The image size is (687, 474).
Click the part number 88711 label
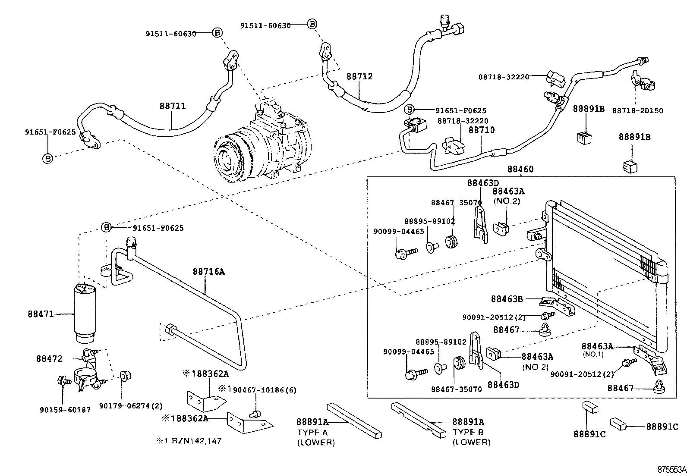172,106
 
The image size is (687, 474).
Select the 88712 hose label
359,76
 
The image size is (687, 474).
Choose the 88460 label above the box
520,169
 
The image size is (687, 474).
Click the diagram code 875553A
671,469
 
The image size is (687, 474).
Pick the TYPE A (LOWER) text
315,437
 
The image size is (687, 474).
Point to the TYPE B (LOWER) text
471,437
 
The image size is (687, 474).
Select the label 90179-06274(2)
131,406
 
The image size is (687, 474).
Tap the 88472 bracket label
49,358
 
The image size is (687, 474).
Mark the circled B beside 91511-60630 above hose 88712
312,24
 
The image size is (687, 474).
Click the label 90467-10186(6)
265,390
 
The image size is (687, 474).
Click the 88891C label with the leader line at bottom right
662,426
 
